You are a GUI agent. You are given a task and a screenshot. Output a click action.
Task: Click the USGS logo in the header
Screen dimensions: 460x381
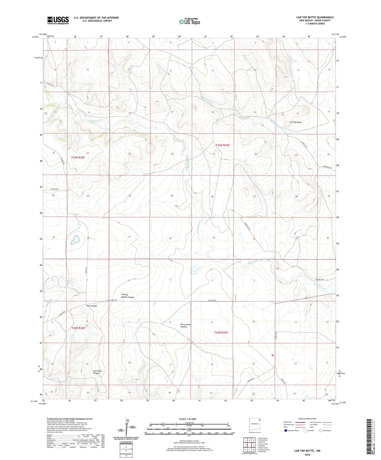(58, 20)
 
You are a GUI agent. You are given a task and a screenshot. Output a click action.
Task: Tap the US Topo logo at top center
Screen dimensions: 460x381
(189, 22)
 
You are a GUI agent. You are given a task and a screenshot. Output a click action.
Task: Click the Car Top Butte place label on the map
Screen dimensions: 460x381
(296, 122)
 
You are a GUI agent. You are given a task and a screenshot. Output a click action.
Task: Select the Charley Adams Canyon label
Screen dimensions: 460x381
(128, 296)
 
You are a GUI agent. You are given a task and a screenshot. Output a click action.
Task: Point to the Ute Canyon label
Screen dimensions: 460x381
(92, 306)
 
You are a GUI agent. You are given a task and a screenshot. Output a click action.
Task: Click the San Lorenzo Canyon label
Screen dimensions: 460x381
(185, 326)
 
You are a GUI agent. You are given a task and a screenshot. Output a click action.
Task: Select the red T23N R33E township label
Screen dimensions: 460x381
(223, 145)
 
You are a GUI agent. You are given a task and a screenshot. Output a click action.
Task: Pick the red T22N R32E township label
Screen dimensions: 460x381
(78, 328)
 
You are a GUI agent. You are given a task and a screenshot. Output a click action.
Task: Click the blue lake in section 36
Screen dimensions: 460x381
(75, 240)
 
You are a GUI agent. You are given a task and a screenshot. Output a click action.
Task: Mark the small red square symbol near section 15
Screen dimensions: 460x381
(272, 355)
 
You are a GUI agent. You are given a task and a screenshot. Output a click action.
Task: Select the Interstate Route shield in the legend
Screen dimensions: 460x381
(286, 431)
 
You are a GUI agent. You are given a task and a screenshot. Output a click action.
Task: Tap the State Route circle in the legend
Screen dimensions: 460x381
(321, 430)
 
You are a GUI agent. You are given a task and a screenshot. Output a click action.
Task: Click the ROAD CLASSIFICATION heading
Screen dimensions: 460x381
(307, 419)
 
